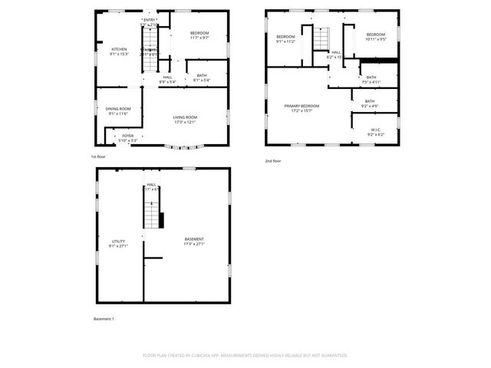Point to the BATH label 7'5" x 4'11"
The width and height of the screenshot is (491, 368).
[371, 79]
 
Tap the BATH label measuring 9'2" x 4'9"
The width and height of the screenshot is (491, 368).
[370, 103]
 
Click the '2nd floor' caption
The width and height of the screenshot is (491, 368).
[273, 161]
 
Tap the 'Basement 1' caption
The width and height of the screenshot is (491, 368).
[104, 318]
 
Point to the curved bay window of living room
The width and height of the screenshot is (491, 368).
[186, 146]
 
